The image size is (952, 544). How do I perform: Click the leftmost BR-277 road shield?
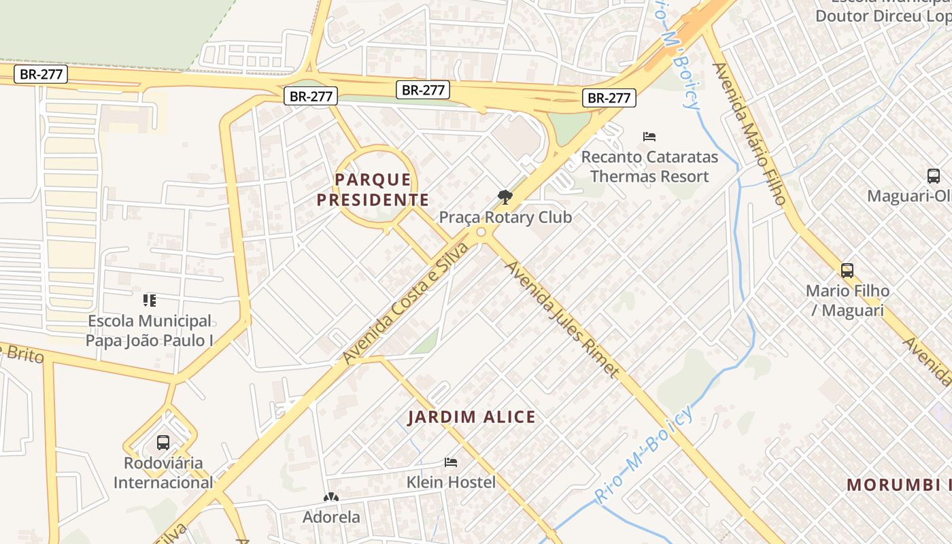(x=41, y=74)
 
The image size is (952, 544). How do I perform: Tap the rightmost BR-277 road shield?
(x=609, y=98)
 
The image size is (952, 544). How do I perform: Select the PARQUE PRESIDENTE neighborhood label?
(x=373, y=190)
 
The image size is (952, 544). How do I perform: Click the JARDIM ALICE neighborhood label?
(x=471, y=417)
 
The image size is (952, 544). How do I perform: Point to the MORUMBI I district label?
(x=898, y=485)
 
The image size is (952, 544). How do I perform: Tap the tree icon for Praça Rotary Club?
(x=505, y=198)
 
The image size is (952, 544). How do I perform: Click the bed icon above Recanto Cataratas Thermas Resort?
(x=649, y=137)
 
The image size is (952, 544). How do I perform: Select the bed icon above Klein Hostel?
(x=450, y=462)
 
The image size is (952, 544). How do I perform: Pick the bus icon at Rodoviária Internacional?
(x=163, y=443)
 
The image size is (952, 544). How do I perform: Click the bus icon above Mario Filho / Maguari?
(x=847, y=271)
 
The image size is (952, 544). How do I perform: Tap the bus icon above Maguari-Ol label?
(x=934, y=176)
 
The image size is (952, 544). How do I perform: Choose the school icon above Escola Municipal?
(x=150, y=300)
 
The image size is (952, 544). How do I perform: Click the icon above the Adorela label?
(x=331, y=498)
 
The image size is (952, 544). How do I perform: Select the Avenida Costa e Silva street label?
(x=405, y=303)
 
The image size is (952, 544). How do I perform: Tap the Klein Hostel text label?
(x=451, y=482)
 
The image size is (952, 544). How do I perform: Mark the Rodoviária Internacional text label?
(x=163, y=473)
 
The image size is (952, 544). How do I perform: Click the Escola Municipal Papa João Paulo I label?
(x=150, y=330)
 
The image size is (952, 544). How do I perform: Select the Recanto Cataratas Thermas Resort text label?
(x=649, y=167)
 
